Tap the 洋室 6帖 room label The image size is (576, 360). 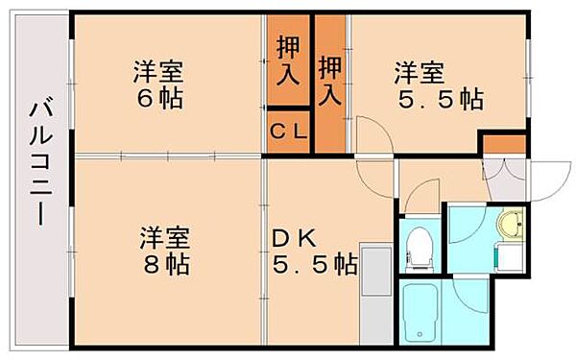point(159,84)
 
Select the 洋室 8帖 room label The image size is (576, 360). point(165,249)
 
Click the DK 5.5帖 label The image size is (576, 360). point(313,249)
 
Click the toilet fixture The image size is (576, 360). point(420,248)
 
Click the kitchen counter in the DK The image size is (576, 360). point(375,294)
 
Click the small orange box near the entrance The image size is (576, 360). point(504,144)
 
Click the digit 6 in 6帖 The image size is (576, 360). point(145,98)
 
